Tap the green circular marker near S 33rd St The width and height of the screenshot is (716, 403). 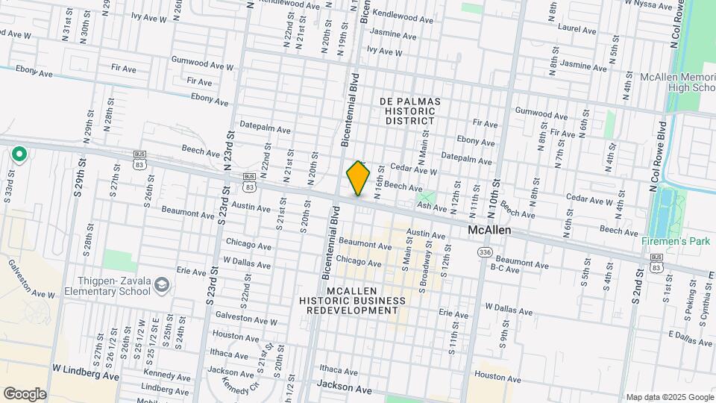pyautogui.click(x=19, y=154)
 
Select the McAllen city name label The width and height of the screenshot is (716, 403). pyautogui.click(x=489, y=231)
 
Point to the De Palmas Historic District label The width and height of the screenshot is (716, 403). pyautogui.click(x=409, y=110)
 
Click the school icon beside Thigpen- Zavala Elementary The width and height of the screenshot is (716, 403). pyautogui.click(x=162, y=285)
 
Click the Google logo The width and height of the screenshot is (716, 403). pyautogui.click(x=25, y=393)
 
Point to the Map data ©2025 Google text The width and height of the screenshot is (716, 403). pyautogui.click(x=669, y=397)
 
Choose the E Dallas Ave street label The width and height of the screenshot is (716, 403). pyautogui.click(x=691, y=337)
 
